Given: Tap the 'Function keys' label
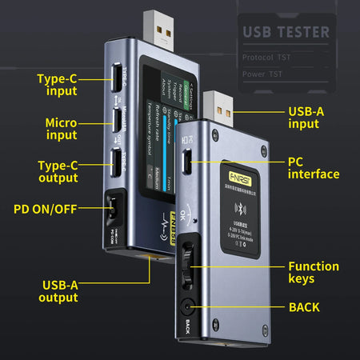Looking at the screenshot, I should click(313, 273).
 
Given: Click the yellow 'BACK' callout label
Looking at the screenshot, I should click(305, 307).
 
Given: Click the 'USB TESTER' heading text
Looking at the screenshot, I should click(286, 32).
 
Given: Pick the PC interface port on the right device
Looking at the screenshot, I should click(187, 166).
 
